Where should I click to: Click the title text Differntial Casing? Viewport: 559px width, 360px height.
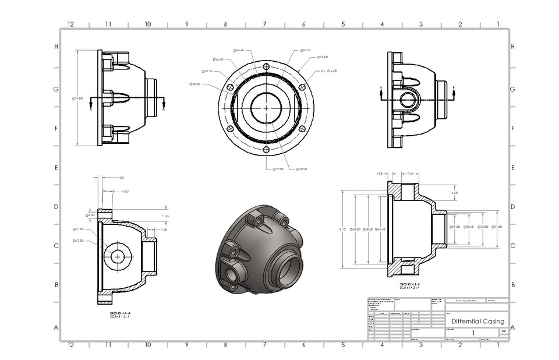click(x=477, y=321)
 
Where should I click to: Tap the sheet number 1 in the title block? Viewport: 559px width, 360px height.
click(x=473, y=333)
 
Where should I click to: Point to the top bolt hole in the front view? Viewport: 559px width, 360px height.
click(x=266, y=66)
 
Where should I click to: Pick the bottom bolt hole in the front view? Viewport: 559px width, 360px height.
click(x=266, y=150)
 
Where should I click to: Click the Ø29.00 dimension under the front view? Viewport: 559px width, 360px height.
click(x=278, y=169)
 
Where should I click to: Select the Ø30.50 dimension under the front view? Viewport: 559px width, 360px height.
click(x=301, y=169)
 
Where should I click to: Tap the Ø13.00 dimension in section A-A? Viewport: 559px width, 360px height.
click(x=78, y=240)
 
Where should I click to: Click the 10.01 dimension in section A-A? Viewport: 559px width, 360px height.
click(x=125, y=192)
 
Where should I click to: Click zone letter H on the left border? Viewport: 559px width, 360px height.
click(x=56, y=47)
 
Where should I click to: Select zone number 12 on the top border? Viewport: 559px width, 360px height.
click(x=70, y=24)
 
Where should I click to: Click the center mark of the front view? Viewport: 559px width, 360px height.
click(x=266, y=108)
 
